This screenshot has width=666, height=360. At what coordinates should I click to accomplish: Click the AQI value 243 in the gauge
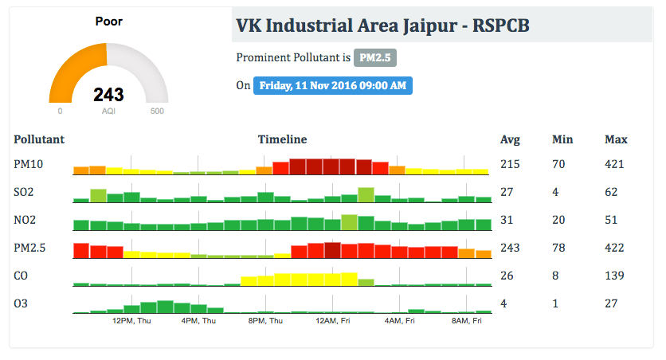(x=108, y=95)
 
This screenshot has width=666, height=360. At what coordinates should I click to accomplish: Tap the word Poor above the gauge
(x=108, y=22)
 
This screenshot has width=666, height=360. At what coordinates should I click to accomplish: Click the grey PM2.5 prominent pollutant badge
(x=375, y=57)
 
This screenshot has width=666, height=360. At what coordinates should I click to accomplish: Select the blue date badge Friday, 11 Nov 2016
(x=332, y=85)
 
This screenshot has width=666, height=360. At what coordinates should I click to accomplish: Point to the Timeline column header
(x=282, y=139)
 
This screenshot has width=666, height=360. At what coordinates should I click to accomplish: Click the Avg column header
(x=510, y=139)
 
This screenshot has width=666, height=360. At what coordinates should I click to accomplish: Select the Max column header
(x=616, y=139)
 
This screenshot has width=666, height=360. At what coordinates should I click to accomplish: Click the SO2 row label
(x=24, y=192)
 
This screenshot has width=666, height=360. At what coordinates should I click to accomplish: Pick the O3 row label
(x=22, y=303)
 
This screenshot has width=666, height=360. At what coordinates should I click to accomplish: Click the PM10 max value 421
(x=615, y=164)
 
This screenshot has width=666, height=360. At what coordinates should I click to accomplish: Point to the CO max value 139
(x=615, y=276)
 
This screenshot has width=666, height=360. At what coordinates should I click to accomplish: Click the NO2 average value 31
(x=507, y=220)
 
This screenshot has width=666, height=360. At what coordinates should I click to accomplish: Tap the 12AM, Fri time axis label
(x=332, y=321)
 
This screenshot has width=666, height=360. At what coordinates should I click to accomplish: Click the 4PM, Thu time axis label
(x=198, y=321)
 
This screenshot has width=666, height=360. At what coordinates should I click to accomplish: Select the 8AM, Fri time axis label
(x=467, y=321)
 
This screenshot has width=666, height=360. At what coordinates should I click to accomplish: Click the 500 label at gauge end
(x=157, y=111)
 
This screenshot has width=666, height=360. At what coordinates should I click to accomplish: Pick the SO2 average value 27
(x=507, y=192)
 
